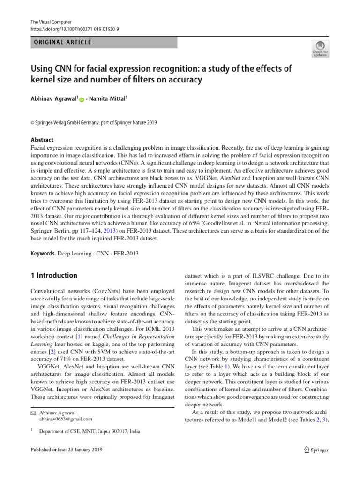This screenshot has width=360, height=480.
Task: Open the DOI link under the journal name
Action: tap(75, 29)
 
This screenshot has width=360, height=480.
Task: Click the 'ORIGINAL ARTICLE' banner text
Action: tap(61, 43)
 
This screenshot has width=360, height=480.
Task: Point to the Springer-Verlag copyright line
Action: tap(94, 123)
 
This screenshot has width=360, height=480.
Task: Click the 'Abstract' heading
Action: tap(42, 140)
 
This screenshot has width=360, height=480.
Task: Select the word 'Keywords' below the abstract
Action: tap(42, 253)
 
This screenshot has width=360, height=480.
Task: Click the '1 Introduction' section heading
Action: tap(53, 275)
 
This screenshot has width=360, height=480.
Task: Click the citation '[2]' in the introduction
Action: tap(58, 352)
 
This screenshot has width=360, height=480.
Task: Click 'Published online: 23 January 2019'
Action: tap(66, 450)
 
